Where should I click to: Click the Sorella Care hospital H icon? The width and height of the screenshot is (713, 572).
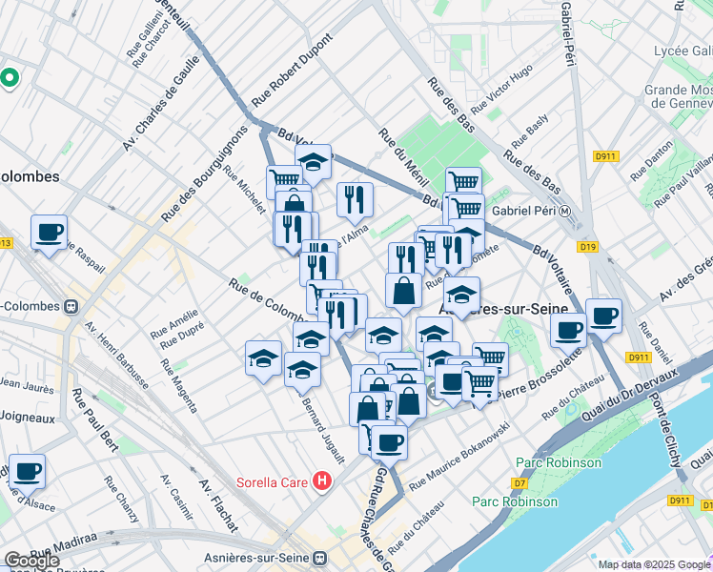pos(322,481)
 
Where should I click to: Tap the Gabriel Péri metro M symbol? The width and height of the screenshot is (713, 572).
pos(564,212)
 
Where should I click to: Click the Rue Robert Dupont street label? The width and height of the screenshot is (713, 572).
pos(292,72)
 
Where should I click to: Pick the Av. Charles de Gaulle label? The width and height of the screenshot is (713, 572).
pos(160,103)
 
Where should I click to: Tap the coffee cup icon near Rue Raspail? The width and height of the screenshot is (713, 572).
pos(49,232)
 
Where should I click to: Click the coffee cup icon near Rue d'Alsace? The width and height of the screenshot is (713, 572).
pos(27,471)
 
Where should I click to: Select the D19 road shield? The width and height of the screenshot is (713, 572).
pos(588,247)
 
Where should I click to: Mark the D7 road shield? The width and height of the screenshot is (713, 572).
pos(519,483)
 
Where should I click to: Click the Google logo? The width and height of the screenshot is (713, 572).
pos(32,560)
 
